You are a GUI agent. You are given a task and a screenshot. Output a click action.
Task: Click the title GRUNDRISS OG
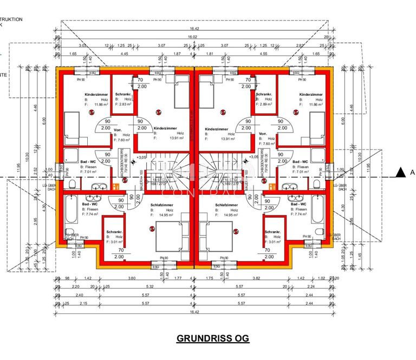click(x=213, y=338)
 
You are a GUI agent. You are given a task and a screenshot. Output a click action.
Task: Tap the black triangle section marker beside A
click(x=400, y=173)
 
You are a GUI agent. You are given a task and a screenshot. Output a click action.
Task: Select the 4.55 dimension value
click(x=263, y=54)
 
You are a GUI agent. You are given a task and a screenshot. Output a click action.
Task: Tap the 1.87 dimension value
click(x=177, y=54)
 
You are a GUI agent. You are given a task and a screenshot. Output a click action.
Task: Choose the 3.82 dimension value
click(x=257, y=279)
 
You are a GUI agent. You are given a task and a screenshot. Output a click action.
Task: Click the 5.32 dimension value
click(x=149, y=287)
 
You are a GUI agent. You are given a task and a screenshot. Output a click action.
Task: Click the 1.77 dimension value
click(x=178, y=279)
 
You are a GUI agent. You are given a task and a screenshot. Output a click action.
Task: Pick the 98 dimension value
click(x=67, y=279)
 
